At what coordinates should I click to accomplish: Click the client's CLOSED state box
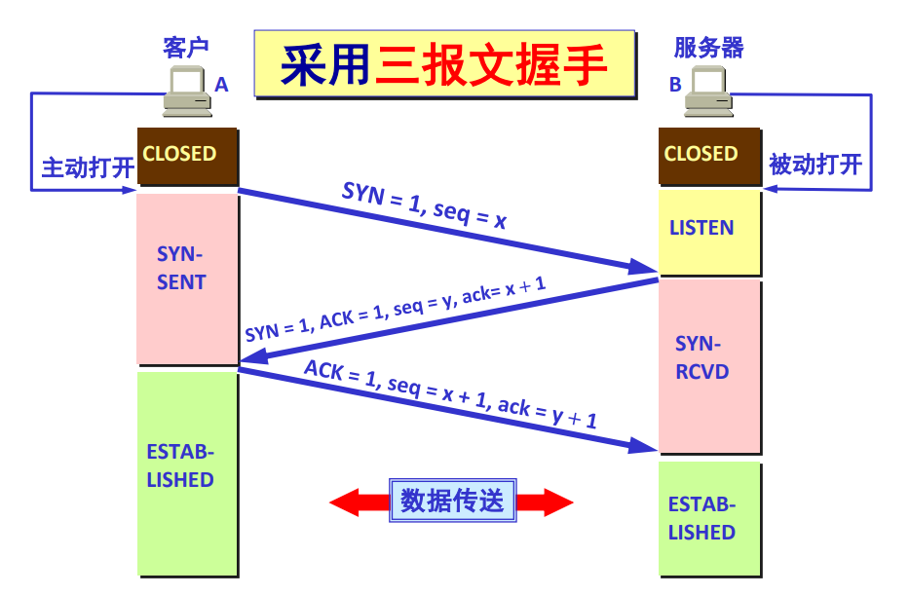(x=187, y=156)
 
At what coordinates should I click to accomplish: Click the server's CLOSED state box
(x=708, y=156)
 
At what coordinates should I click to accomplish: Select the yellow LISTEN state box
(x=708, y=230)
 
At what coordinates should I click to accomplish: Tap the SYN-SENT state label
(x=182, y=269)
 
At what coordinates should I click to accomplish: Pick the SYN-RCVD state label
(x=701, y=358)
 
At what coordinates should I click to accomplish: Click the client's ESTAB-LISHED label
(x=180, y=466)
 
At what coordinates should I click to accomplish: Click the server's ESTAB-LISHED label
(x=701, y=519)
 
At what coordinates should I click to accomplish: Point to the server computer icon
(x=708, y=92)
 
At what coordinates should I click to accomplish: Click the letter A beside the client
(x=221, y=86)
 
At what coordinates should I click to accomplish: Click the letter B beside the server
(x=674, y=86)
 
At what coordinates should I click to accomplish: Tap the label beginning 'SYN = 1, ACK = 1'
(x=396, y=309)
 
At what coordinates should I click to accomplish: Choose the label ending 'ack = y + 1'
(x=450, y=394)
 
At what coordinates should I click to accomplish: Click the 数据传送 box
(x=452, y=501)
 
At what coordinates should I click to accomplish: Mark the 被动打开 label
(x=815, y=165)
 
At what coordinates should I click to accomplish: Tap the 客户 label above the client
(x=185, y=47)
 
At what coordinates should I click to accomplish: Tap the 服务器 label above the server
(x=708, y=48)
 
